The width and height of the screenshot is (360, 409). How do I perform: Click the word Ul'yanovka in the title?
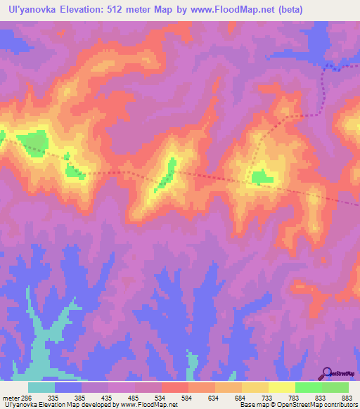(x=28, y=9)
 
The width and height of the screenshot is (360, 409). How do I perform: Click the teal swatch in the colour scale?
(x=41, y=387)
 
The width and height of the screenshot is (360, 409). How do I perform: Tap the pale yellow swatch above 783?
(x=281, y=387)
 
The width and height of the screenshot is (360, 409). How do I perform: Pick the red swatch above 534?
(x=174, y=387)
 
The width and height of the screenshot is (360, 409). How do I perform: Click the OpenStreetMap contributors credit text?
(x=317, y=405)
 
